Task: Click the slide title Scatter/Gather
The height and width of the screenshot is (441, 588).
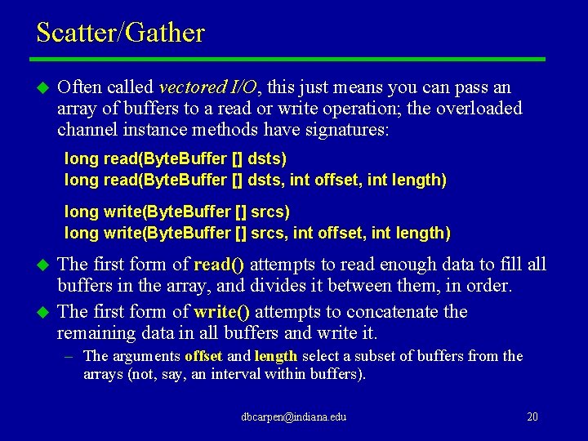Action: [x=120, y=33]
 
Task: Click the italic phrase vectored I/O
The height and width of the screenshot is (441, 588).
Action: [x=208, y=87]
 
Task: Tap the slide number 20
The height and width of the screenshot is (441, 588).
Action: [x=532, y=416]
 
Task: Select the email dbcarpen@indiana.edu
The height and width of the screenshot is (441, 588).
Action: [x=293, y=416]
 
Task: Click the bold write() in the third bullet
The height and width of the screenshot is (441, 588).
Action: [x=222, y=312]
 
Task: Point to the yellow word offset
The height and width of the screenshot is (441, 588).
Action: [x=204, y=356]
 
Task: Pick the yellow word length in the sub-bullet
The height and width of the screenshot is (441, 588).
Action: [x=277, y=356]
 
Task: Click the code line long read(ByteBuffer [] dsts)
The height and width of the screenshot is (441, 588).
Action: [x=176, y=158]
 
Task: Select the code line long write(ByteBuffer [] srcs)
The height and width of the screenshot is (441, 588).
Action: [x=177, y=212]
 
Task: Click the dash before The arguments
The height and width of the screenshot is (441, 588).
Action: [x=70, y=356]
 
